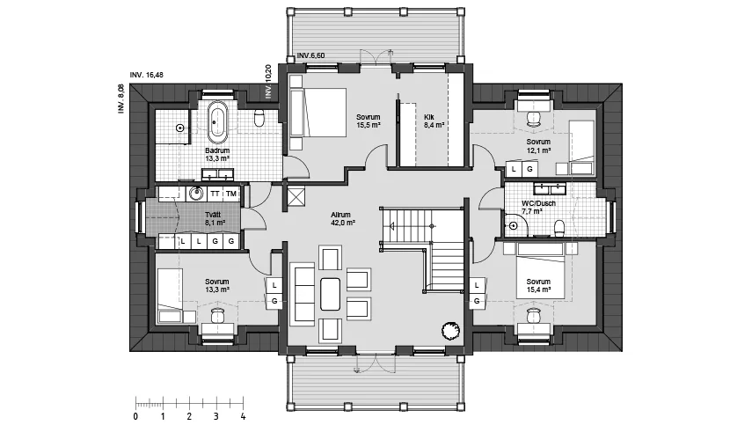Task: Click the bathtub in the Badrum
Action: tap(217, 122)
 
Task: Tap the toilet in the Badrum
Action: tap(259, 118)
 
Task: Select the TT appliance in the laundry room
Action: tap(215, 194)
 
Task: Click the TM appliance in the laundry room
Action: tap(231, 194)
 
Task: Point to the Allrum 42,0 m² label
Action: tap(342, 219)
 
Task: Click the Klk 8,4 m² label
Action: tap(434, 121)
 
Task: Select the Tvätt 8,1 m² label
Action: tap(215, 219)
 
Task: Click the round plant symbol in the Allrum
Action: tap(451, 330)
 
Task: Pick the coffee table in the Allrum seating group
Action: tap(330, 294)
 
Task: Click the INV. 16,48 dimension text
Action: tap(146, 75)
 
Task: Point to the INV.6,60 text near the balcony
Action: tap(310, 55)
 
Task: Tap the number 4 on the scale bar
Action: tap(243, 416)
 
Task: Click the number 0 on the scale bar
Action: tap(135, 416)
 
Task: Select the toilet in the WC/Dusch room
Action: tap(559, 228)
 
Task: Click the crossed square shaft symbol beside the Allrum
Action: tap(295, 197)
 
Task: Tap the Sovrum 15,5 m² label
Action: tap(369, 121)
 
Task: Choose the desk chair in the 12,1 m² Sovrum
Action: tap(533, 118)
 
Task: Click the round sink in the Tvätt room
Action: tap(195, 194)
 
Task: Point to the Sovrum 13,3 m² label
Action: tap(217, 285)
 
